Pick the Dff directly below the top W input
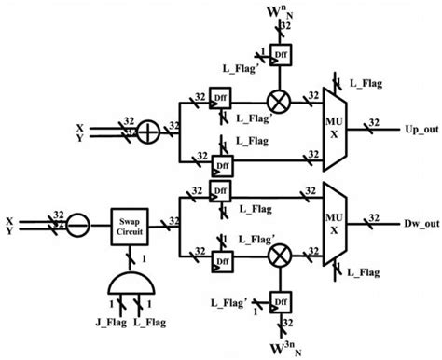click(x=278, y=55)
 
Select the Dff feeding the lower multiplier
click(x=221, y=258)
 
